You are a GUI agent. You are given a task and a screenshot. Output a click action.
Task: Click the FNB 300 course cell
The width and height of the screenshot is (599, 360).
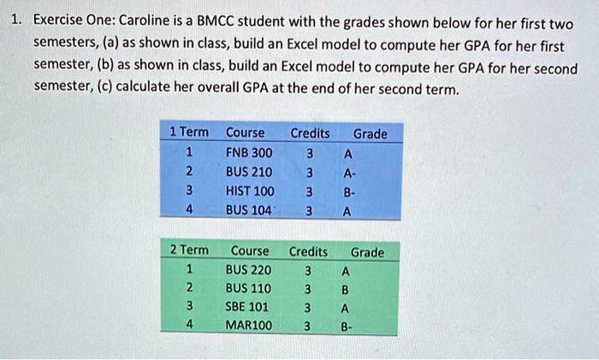(249, 153)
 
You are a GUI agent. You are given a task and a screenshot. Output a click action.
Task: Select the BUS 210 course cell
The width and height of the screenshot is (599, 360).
(249, 172)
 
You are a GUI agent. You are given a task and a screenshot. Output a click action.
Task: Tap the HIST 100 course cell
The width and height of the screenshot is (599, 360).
(250, 191)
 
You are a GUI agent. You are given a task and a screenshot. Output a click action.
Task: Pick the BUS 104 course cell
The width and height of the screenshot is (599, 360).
(249, 210)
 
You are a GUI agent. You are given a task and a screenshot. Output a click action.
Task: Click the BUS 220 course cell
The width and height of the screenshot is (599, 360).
(248, 270)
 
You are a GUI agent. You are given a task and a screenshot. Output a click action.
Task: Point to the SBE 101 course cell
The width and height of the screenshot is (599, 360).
(247, 307)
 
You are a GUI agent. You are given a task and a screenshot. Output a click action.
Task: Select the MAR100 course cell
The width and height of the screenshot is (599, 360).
(249, 326)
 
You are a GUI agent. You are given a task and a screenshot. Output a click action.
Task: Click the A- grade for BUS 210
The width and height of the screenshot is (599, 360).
(347, 172)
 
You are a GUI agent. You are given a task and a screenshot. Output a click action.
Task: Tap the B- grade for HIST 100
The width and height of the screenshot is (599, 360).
(347, 191)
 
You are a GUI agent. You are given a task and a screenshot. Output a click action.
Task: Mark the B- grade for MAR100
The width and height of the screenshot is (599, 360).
(346, 326)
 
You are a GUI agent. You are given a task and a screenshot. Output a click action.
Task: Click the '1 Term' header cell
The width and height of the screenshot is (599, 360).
(188, 133)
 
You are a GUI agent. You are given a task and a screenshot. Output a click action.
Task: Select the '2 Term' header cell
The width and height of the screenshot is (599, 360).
(188, 251)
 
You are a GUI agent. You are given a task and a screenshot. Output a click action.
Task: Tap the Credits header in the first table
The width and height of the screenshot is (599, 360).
(310, 133)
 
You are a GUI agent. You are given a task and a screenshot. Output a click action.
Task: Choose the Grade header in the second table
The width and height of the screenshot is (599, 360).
(367, 252)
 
